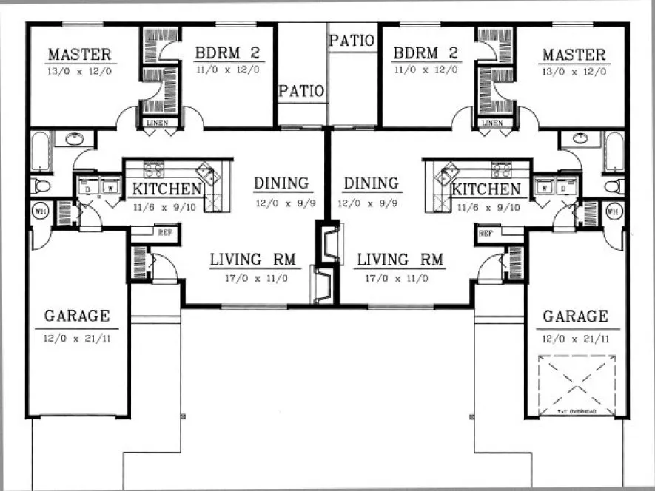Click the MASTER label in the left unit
pos(79,55)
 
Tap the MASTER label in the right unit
pos(574,55)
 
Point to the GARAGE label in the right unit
pos(576,316)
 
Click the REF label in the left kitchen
pos(164,232)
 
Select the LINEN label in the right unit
pos(491,123)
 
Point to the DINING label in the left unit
pos(281,183)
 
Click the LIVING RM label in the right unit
pos(400,260)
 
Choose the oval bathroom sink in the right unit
pos(579,139)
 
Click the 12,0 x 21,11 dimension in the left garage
pos(76,339)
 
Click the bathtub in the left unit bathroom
pos(40,152)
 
